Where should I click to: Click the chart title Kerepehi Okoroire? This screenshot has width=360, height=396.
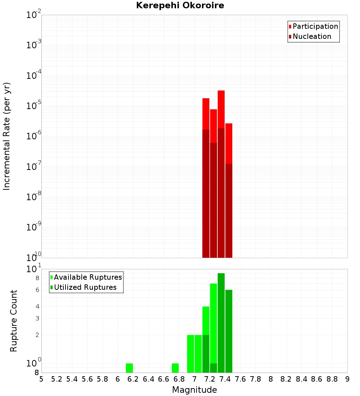point(180,6)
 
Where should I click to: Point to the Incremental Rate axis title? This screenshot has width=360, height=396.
point(7,136)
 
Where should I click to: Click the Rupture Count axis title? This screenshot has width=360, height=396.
point(14,321)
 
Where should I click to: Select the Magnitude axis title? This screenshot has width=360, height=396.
point(194,390)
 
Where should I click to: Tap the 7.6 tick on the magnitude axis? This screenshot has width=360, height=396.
point(240,379)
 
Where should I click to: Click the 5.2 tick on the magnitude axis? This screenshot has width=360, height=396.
point(57,379)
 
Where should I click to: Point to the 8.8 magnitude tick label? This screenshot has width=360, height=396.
point(332,379)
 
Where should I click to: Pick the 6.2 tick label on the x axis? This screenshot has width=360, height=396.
point(133,379)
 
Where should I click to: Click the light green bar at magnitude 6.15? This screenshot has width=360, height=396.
point(129,368)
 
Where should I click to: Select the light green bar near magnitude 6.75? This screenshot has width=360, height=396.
point(175,368)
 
